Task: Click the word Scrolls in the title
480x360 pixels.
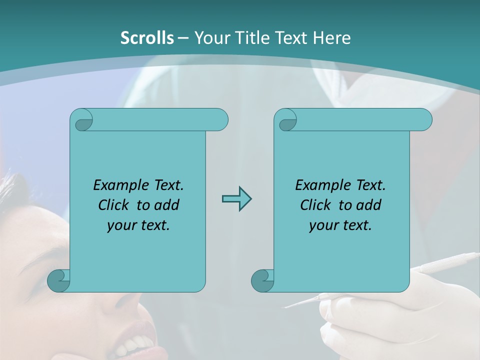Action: coord(147,38)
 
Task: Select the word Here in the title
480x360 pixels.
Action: coord(332,38)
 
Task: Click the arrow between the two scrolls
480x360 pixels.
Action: coord(236,199)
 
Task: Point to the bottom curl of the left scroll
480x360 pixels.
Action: coord(59,280)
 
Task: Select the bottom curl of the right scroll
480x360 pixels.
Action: coord(263,280)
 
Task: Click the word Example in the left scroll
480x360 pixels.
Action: coord(119,185)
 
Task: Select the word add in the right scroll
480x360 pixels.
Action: coord(370,205)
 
